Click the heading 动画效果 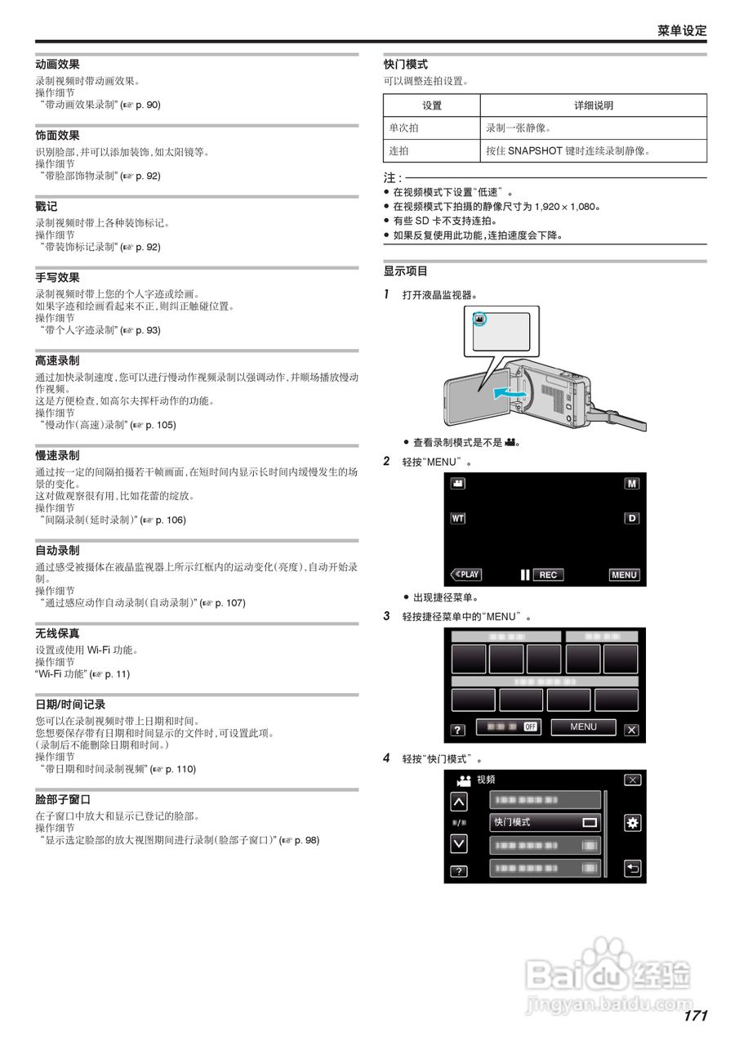click(57, 64)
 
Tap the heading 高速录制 click(57, 360)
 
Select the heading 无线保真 click(57, 633)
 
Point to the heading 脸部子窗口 click(63, 799)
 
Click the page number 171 click(695, 1016)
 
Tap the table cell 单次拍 click(404, 128)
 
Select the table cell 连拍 click(399, 151)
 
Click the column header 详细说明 click(594, 105)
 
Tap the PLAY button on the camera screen click(466, 574)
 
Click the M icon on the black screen click(632, 484)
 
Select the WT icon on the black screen click(458, 518)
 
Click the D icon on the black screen click(632, 518)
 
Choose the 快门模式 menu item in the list click(545, 822)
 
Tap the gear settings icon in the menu click(632, 823)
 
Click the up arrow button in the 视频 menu click(460, 802)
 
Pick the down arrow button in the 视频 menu click(460, 843)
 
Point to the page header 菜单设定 click(682, 30)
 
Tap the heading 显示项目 click(406, 271)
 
